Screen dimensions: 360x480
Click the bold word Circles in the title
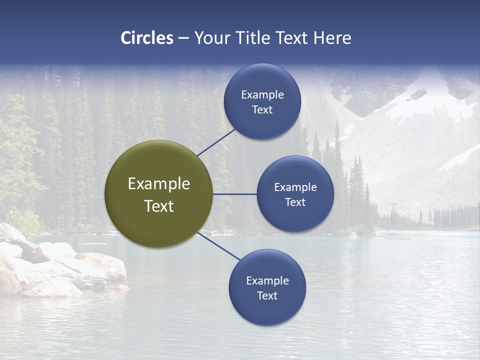pos(147,38)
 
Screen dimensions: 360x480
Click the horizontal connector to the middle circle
pos(234,194)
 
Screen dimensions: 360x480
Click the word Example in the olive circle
pos(159,184)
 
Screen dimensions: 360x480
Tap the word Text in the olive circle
pos(159,206)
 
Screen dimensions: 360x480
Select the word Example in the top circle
pos(262,94)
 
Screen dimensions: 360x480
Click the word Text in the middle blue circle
pos(295,202)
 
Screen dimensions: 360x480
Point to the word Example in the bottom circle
pos(267,280)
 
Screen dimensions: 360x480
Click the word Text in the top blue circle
pos(262,109)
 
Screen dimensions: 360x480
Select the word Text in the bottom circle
pos(267,295)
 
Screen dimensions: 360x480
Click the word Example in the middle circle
pos(295,187)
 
